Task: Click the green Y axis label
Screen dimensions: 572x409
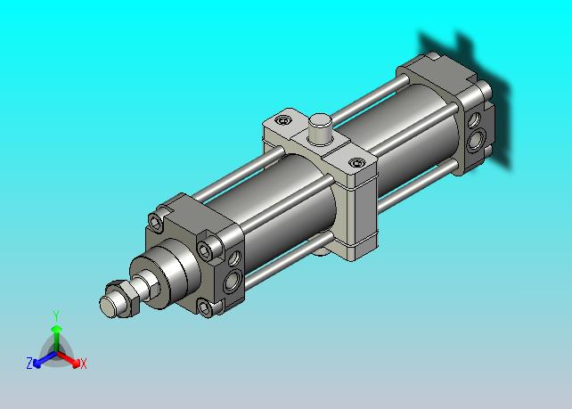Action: [x=56, y=315]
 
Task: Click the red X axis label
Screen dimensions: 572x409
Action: [x=84, y=364]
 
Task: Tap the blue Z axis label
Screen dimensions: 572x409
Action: [x=29, y=364]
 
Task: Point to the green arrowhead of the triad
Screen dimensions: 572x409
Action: [x=56, y=331]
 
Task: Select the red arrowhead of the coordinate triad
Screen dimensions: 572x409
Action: [x=76, y=364]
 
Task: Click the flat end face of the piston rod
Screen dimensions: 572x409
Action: [x=108, y=305]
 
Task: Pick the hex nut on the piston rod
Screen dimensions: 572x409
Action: [x=123, y=298]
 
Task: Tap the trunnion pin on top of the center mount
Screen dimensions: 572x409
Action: [x=320, y=129]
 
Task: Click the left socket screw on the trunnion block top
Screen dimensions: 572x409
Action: [x=283, y=119]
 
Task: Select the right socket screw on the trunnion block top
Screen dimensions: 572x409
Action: [x=356, y=162]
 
